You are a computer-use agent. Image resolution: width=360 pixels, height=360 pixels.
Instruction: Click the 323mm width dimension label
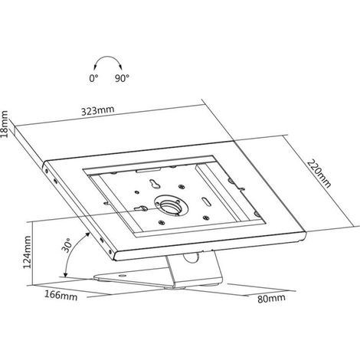tap(98, 110)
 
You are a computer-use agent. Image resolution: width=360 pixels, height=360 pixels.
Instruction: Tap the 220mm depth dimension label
tap(319, 174)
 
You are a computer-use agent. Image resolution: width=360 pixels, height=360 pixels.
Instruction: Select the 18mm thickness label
tap(5, 124)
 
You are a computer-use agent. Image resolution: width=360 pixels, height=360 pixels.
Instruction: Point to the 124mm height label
tap(27, 252)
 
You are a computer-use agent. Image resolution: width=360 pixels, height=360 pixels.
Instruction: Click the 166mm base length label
tap(61, 296)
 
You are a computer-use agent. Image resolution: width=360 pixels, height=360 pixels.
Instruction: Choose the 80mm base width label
tap(271, 299)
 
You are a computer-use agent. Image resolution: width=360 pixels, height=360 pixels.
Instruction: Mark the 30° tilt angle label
tap(66, 245)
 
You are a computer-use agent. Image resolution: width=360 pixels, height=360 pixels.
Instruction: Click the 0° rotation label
tap(93, 78)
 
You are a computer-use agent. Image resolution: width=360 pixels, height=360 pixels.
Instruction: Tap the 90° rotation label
tap(122, 78)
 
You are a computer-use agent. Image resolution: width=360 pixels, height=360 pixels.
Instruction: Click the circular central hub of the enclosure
tap(171, 205)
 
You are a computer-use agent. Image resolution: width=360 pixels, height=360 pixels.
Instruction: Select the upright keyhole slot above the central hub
tap(155, 183)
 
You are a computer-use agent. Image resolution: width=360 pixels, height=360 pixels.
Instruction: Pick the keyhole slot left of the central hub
tap(141, 208)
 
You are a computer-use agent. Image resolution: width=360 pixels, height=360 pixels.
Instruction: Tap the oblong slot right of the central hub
tap(206, 201)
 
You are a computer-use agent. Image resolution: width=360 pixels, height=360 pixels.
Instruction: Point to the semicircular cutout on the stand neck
tap(191, 257)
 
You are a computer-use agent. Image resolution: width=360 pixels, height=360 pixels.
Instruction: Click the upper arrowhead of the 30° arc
tap(88, 234)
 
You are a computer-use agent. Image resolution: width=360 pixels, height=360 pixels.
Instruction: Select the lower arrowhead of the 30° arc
tap(65, 275)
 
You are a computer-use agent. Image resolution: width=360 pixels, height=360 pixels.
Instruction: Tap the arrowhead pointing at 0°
tap(95, 67)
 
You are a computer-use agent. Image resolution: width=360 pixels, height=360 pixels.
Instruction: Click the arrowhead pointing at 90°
tap(121, 67)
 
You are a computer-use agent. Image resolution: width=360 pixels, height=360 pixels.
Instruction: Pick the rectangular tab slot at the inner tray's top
tap(149, 170)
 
